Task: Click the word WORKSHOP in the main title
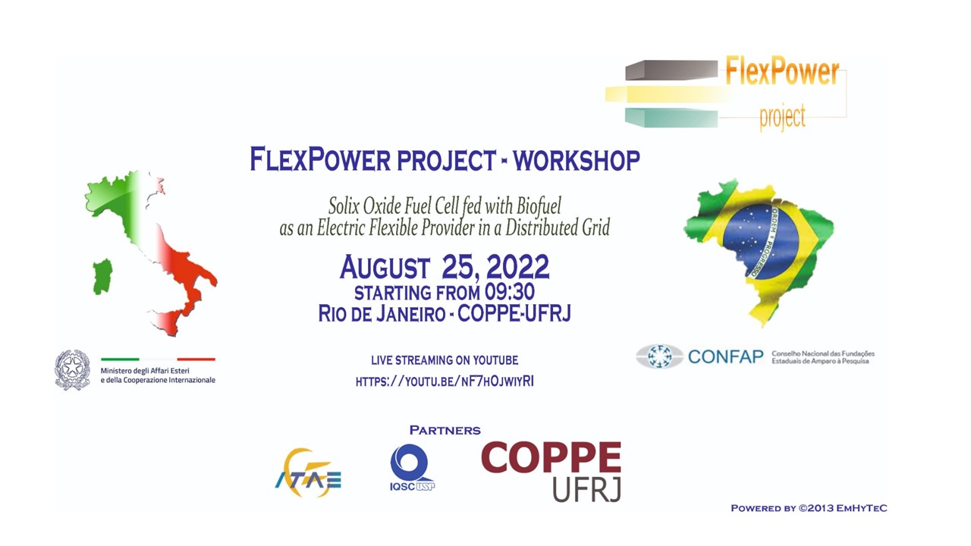tap(577, 160)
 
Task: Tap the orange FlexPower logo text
tap(782, 71)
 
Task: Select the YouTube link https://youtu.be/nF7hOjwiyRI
tap(445, 381)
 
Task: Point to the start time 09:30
tap(509, 292)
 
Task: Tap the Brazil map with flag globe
tap(759, 251)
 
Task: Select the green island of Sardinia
tap(102, 277)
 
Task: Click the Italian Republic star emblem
tap(72, 369)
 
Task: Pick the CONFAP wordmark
tap(726, 357)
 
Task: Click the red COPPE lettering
tap(551, 457)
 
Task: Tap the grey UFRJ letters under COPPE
tap(587, 489)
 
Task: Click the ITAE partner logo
tap(308, 472)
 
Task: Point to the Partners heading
tap(445, 430)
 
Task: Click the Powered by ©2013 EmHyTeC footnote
tap(809, 508)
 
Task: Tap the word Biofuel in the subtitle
tap(539, 206)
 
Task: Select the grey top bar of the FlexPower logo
tap(671, 71)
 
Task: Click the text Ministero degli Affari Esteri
tap(145, 371)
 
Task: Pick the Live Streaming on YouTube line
tap(445, 360)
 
